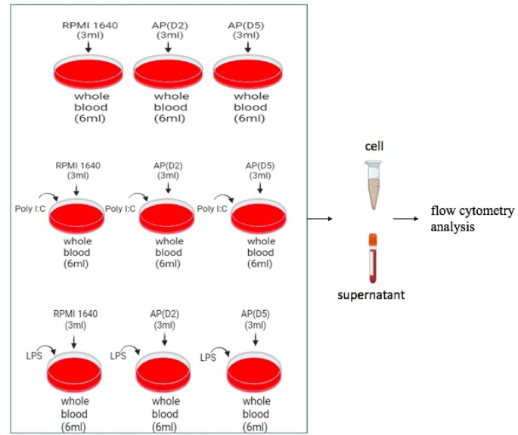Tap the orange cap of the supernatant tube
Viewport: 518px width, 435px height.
pyautogui.click(x=372, y=239)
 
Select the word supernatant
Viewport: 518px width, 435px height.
pyautogui.click(x=371, y=294)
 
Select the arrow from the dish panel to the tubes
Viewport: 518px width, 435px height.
pyautogui.click(x=324, y=219)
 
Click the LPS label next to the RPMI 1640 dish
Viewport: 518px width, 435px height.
pyautogui.click(x=29, y=354)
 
